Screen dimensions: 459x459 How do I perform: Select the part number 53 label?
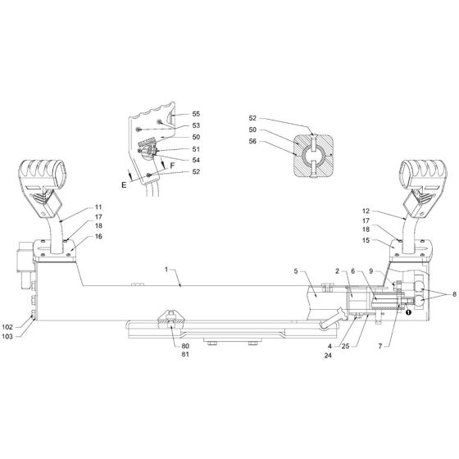[x=195, y=125]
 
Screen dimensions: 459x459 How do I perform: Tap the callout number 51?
[x=195, y=148]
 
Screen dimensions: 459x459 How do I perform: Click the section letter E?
[x=124, y=186]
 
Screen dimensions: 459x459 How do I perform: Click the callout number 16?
[x=98, y=235]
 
